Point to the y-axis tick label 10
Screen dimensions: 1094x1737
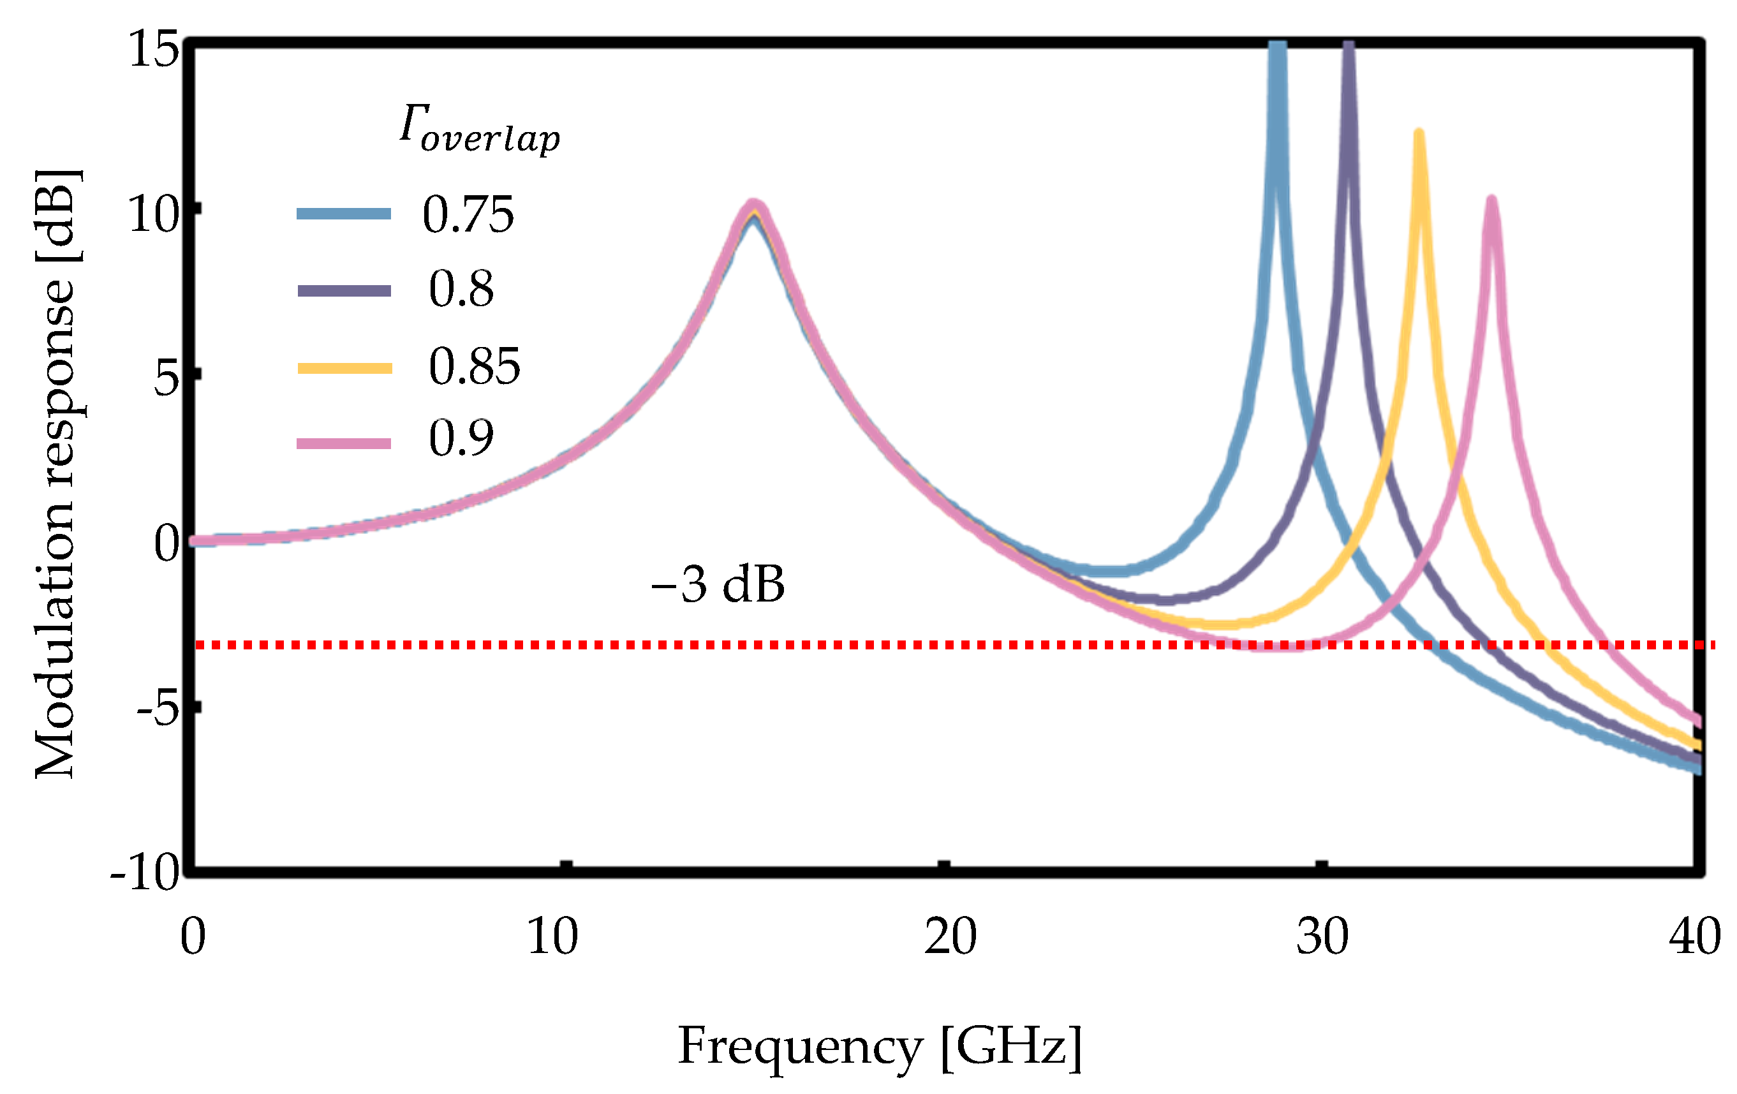pyautogui.click(x=153, y=214)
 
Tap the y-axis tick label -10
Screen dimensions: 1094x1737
pyautogui.click(x=144, y=873)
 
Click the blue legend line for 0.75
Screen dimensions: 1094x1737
pyautogui.click(x=344, y=214)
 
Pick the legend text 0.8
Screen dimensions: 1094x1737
pyautogui.click(x=461, y=288)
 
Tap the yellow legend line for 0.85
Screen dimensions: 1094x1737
pyautogui.click(x=344, y=369)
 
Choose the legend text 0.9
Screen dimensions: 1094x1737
pyautogui.click(x=461, y=438)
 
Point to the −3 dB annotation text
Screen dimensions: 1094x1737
pyautogui.click(x=717, y=584)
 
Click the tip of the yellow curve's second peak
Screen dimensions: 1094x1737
pyautogui.click(x=1419, y=134)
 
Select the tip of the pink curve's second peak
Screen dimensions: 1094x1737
pyautogui.click(x=1491, y=200)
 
